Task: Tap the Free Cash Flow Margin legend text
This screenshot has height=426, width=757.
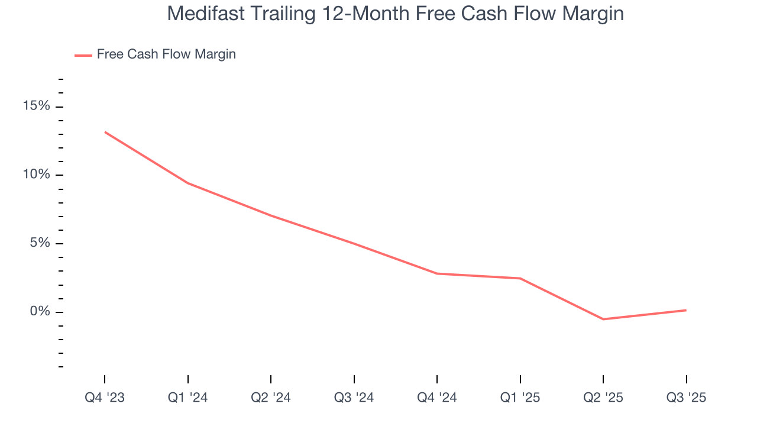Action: pyautogui.click(x=166, y=54)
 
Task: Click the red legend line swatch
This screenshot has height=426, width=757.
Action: pyautogui.click(x=83, y=55)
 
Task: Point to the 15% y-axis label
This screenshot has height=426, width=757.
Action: pyautogui.click(x=36, y=106)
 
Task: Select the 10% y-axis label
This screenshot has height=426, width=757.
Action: pyautogui.click(x=36, y=175)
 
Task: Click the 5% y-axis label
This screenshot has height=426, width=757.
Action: pyautogui.click(x=40, y=243)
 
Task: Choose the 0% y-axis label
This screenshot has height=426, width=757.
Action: pyautogui.click(x=40, y=312)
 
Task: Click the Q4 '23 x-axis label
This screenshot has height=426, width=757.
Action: pyautogui.click(x=105, y=398)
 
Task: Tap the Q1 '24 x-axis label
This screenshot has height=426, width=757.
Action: pyautogui.click(x=187, y=398)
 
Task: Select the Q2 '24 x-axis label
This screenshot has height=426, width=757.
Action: pyautogui.click(x=271, y=398)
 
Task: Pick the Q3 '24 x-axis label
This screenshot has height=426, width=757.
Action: pyautogui.click(x=354, y=398)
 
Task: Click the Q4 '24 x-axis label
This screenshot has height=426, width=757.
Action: pyautogui.click(x=437, y=398)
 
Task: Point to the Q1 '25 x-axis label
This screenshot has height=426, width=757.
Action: pyautogui.click(x=520, y=398)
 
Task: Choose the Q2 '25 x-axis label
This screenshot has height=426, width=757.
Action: pyautogui.click(x=603, y=398)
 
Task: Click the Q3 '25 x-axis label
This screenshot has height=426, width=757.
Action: pyautogui.click(x=686, y=398)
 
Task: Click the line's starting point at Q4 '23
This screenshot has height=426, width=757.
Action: pyautogui.click(x=105, y=132)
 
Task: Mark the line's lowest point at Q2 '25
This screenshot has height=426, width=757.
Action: pyautogui.click(x=603, y=319)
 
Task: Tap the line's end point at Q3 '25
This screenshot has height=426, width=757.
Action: pyautogui.click(x=686, y=310)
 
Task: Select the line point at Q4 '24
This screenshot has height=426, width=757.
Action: pyautogui.click(x=437, y=273)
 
